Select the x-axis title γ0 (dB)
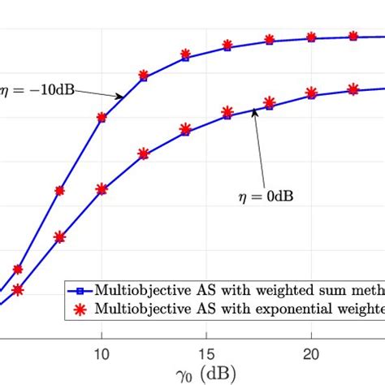206,374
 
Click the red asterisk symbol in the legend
80,308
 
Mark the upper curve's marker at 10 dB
102,117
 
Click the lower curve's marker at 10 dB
102,189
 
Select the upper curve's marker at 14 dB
186,57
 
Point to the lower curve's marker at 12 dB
144,153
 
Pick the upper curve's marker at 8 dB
59,192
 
